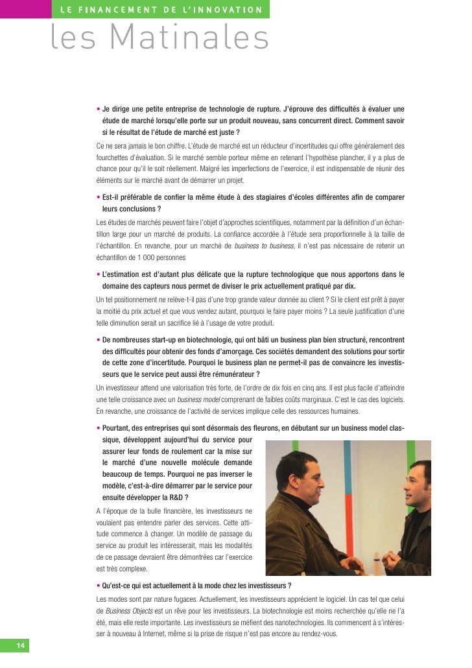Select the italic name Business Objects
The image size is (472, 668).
(128, 611)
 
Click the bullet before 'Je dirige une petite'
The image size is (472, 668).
(97, 109)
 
